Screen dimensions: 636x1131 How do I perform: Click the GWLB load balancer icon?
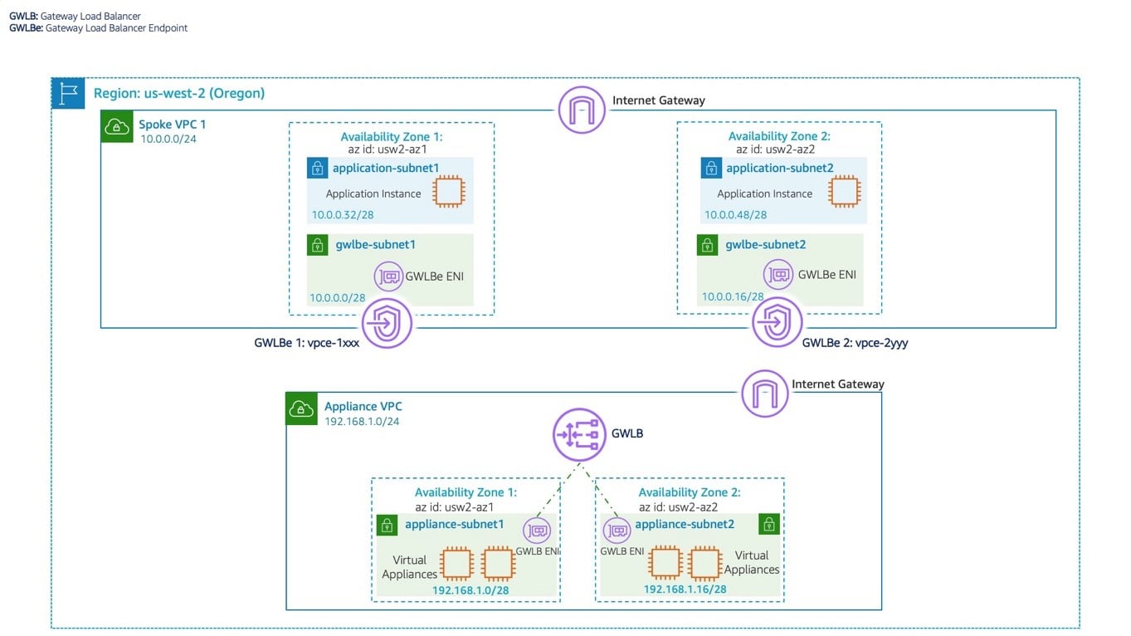tap(576, 434)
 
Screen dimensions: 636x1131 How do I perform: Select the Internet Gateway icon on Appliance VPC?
tap(764, 393)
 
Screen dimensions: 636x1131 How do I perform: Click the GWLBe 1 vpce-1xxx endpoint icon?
tap(387, 323)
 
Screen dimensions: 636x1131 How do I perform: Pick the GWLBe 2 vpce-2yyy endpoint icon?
tap(777, 323)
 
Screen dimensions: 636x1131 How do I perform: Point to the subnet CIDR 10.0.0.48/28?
tap(735, 215)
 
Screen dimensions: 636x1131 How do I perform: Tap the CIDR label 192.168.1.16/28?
tap(685, 590)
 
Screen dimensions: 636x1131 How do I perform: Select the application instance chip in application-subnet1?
tap(450, 192)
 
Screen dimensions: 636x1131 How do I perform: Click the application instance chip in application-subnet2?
tap(844, 192)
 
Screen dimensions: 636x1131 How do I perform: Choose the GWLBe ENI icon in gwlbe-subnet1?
tap(388, 276)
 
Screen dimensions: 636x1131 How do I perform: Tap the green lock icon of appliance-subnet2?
tap(769, 524)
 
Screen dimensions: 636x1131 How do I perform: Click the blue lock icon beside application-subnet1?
tap(317, 169)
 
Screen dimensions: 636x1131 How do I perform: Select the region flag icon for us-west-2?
tap(68, 94)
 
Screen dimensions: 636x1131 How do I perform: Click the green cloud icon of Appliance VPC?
tap(301, 409)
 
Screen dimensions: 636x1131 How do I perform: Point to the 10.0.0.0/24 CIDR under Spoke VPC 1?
tap(168, 139)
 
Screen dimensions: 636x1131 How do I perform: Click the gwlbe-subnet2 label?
tap(765, 245)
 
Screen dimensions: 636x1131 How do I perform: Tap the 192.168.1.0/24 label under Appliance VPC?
tap(362, 421)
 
